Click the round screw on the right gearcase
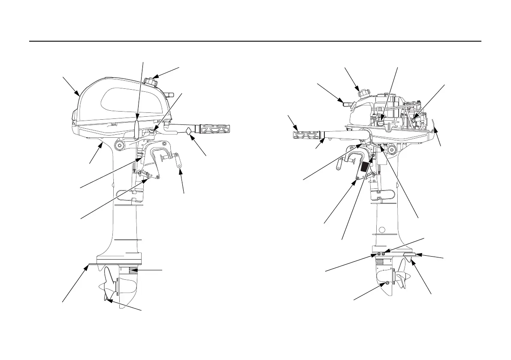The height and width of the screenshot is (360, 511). [387, 283]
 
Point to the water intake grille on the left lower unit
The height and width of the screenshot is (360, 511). [134, 270]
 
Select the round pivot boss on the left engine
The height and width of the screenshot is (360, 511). [118, 146]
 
